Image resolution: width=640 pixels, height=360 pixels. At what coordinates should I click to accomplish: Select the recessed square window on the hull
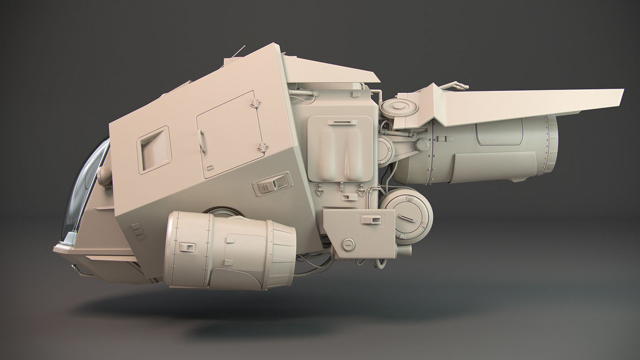click(154, 149)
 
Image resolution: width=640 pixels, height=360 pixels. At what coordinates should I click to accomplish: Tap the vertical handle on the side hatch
click(202, 142)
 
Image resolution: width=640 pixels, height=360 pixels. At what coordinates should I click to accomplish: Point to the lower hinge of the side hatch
click(263, 147)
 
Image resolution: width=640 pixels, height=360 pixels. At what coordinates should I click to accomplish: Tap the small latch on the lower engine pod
click(187, 247)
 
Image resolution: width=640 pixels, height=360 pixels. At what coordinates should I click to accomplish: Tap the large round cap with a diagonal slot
click(406, 215)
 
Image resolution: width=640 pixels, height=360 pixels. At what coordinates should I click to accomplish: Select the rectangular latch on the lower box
click(372, 220)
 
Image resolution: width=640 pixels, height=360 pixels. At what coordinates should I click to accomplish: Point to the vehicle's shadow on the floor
click(274, 315)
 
